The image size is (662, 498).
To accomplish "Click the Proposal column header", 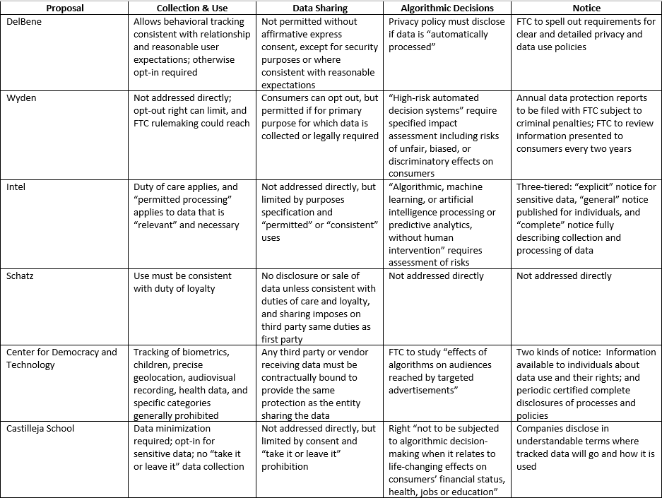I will click(x=65, y=8).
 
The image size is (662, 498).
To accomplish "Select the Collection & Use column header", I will click(x=192, y=8).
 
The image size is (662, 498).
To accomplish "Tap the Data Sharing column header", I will click(x=320, y=8).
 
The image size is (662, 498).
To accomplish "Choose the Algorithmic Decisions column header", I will click(x=447, y=8).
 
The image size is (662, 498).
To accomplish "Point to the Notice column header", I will click(x=586, y=8).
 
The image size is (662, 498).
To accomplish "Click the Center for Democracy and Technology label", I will click(x=61, y=358).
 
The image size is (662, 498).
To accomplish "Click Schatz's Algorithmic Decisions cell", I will click(x=437, y=275).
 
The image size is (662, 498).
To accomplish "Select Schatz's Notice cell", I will click(x=564, y=275).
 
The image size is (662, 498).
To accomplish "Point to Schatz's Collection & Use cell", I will click(x=182, y=282).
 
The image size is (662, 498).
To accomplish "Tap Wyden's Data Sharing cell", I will click(x=320, y=117).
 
